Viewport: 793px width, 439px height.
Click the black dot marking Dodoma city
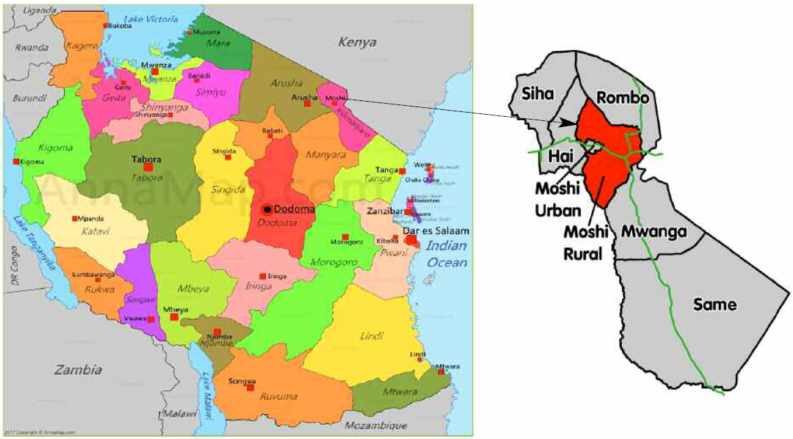click(268, 209)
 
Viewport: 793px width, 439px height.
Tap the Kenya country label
click(357, 43)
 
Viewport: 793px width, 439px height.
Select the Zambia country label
click(79, 370)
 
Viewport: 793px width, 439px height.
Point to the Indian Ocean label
click(445, 254)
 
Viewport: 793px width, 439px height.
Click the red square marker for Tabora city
click(148, 167)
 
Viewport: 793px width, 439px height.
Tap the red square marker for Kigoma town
click(16, 161)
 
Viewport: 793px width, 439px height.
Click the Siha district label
click(537, 94)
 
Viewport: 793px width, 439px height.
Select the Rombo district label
click(622, 98)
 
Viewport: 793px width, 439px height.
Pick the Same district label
click(715, 304)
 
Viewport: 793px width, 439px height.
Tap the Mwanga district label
click(654, 232)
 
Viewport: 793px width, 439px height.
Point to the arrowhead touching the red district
click(570, 124)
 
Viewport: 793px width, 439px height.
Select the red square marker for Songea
click(234, 379)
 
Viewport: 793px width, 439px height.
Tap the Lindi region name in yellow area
click(371, 336)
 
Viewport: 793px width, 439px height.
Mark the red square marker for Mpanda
click(75, 218)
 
